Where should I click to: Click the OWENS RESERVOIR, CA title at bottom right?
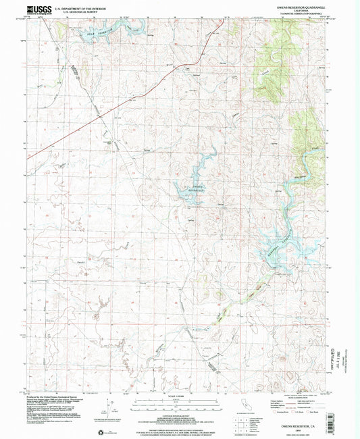coord(303,419)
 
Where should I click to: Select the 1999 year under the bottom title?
coord(303,424)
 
